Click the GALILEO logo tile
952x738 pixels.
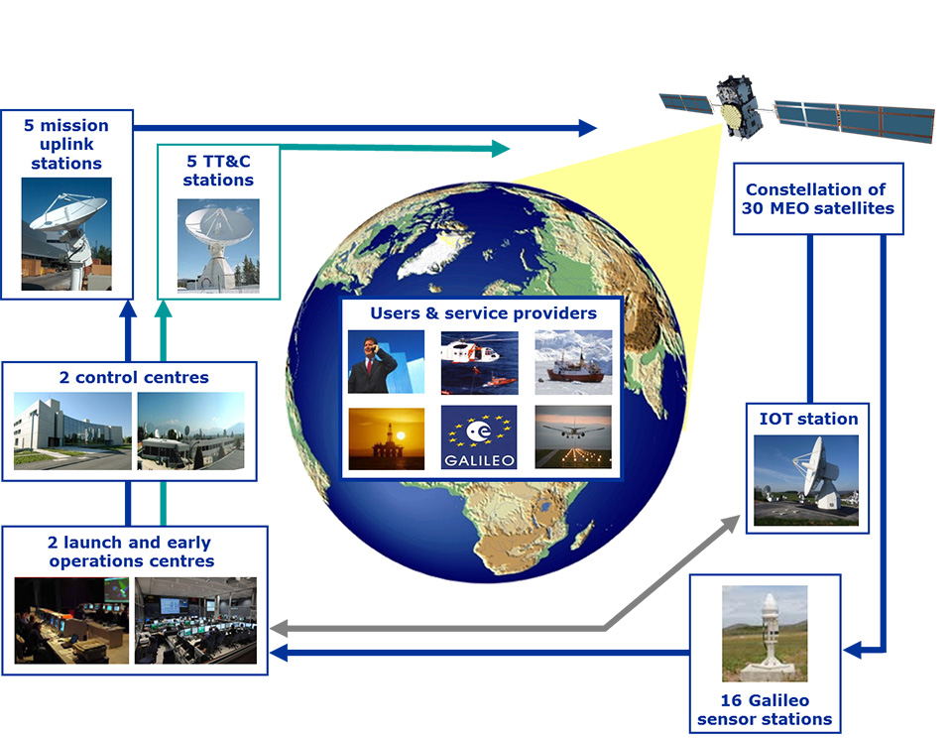pyautogui.click(x=479, y=437)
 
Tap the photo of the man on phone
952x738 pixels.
pyautogui.click(x=386, y=362)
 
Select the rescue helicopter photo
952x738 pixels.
pyautogui.click(x=479, y=363)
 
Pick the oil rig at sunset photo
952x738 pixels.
pyautogui.click(x=386, y=438)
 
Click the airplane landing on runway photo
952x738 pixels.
pyautogui.click(x=573, y=436)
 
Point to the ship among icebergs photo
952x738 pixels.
pyautogui.click(x=573, y=362)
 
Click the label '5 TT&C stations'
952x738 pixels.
pyautogui.click(x=218, y=171)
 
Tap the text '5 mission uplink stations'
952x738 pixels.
pyautogui.click(x=66, y=144)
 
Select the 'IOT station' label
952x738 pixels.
pyautogui.click(x=808, y=419)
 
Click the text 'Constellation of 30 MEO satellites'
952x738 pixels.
pyautogui.click(x=817, y=198)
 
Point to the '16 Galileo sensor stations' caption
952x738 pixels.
pyautogui.click(x=765, y=709)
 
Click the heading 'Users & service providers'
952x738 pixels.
pyautogui.click(x=483, y=312)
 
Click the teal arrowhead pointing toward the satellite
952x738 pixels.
pyautogui.click(x=500, y=148)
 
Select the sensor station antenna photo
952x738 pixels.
pyautogui.click(x=765, y=634)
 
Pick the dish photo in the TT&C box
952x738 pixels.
pyautogui.click(x=218, y=246)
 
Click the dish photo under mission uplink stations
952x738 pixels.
pyautogui.click(x=66, y=234)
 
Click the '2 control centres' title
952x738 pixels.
pyautogui.click(x=134, y=377)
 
